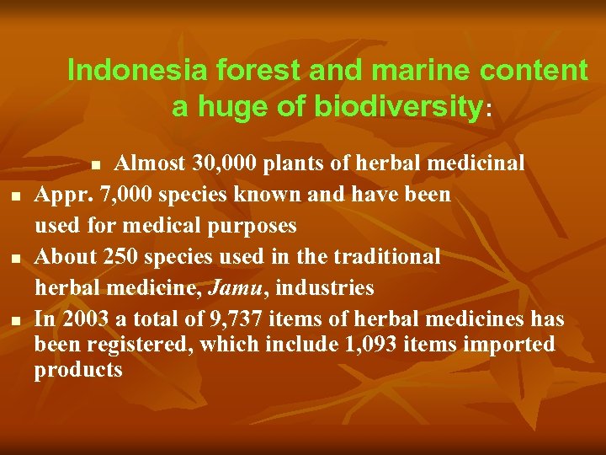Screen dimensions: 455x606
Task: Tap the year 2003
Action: pos(82,319)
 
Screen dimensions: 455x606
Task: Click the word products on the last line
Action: pos(78,370)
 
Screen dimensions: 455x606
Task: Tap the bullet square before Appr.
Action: pos(17,197)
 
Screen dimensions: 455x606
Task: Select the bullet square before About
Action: pos(17,259)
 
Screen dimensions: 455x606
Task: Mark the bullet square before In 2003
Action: pos(17,321)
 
